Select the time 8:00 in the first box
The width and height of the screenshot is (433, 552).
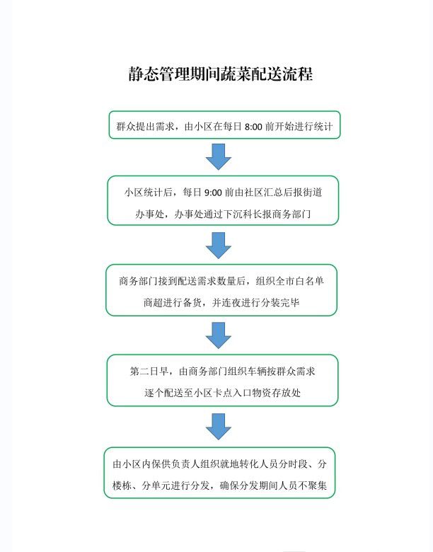coord(253,127)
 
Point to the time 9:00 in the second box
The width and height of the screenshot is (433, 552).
coord(213,192)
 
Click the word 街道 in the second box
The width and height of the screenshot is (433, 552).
coord(312,192)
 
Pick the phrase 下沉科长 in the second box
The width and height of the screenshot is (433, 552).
coord(243,214)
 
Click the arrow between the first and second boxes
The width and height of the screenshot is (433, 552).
coord(218,156)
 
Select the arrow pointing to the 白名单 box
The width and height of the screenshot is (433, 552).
coord(218,246)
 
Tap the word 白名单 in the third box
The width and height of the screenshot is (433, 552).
coord(309,281)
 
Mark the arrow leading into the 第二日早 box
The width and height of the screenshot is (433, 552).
coord(218,335)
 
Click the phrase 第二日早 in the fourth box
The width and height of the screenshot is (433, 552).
coord(149,371)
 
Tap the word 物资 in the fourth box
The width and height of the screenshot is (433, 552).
coord(262,393)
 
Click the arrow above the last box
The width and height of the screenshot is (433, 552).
coord(218,427)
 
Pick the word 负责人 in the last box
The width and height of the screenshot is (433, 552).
coord(186,464)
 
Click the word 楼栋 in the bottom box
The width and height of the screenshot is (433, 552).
coord(122,485)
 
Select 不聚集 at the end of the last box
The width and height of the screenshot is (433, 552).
coord(313,485)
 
